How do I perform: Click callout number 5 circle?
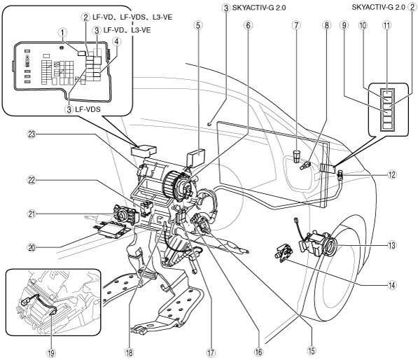tap(198, 25)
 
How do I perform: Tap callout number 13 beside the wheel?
tap(391, 245)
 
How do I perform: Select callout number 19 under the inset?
tap(51, 353)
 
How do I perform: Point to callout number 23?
tap(32, 134)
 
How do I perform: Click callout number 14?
tap(391, 285)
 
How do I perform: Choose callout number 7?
tap(296, 25)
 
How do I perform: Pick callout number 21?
tap(32, 214)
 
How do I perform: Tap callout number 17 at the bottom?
tap(211, 352)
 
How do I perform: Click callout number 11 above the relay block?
tap(386, 25)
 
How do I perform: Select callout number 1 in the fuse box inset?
tap(62, 33)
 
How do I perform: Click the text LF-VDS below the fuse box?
tap(88, 109)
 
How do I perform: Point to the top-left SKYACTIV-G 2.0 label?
tap(259, 8)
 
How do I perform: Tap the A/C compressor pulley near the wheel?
tap(330, 246)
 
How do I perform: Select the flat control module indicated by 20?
tap(111, 229)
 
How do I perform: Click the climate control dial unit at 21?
tap(126, 214)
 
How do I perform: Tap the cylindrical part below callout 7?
tap(296, 156)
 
